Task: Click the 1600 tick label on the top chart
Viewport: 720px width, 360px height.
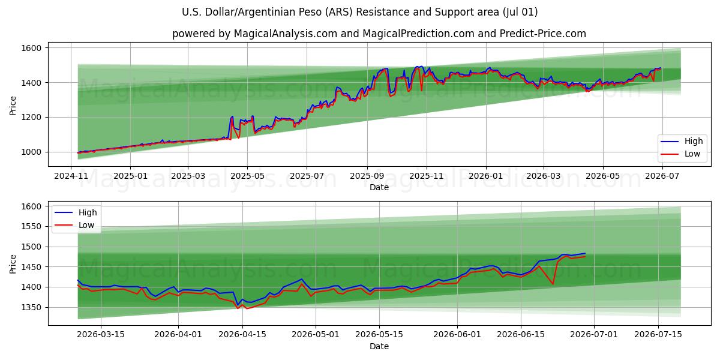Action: click(x=31, y=48)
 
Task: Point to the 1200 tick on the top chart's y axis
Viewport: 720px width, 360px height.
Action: click(x=31, y=118)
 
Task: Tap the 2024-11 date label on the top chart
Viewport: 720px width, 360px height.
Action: click(x=71, y=176)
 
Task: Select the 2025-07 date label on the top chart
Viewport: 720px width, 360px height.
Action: click(x=307, y=176)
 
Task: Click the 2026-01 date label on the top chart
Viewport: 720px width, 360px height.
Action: click(x=485, y=176)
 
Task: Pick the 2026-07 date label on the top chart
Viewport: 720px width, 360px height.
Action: click(x=662, y=176)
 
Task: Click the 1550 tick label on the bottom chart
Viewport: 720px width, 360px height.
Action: click(x=31, y=227)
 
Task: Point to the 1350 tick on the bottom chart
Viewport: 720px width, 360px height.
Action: click(x=31, y=308)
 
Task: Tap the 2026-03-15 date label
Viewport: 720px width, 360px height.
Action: click(x=101, y=335)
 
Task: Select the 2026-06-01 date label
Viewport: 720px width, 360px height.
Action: click(x=457, y=335)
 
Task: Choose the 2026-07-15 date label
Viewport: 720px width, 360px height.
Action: click(x=658, y=335)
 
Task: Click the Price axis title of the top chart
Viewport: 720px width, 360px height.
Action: click(x=13, y=106)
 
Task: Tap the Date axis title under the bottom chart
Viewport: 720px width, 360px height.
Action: click(x=379, y=347)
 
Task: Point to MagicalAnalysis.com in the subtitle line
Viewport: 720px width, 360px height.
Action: click(x=286, y=34)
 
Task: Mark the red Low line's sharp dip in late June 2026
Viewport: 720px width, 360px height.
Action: click(x=553, y=284)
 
